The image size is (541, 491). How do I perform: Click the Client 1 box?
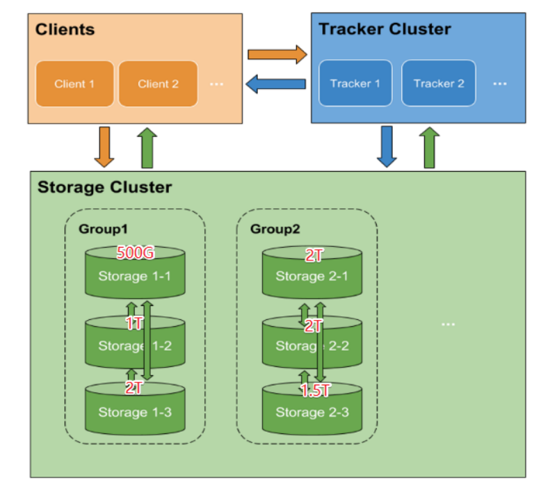tap(74, 84)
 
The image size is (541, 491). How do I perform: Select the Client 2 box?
tap(158, 84)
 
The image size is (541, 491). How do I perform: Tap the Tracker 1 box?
tap(355, 83)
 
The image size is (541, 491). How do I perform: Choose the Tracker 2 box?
tap(438, 83)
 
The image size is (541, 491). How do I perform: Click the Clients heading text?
tap(65, 30)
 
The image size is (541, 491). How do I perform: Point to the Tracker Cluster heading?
tap(385, 29)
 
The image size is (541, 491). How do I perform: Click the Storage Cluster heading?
tap(104, 187)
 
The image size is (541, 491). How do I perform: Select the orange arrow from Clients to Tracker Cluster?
tap(277, 54)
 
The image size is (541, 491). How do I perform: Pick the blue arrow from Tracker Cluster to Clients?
tap(276, 83)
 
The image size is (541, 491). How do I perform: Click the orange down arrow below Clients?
tap(104, 146)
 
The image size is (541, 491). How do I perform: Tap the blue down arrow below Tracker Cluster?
tap(387, 146)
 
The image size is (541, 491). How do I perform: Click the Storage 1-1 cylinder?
tap(135, 276)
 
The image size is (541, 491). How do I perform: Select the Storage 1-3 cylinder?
tap(135, 412)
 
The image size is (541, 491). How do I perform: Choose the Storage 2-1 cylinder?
tap(312, 276)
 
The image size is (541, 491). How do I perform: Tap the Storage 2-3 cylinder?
tap(312, 412)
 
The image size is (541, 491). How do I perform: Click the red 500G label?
tap(135, 253)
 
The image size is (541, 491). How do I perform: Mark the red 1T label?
tap(135, 323)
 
